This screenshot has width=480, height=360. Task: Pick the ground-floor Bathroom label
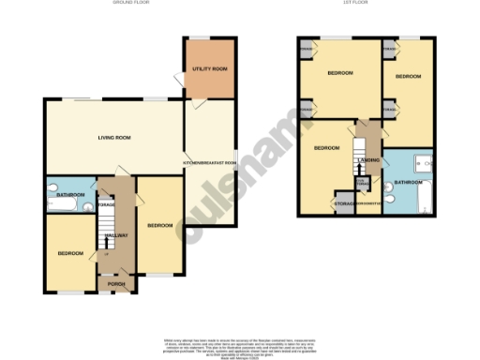[70, 194]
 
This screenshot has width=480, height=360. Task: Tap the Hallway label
[115, 235]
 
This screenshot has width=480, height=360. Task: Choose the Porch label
[115, 283]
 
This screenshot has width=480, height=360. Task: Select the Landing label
[368, 160]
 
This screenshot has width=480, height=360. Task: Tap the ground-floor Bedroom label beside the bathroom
[70, 253]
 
